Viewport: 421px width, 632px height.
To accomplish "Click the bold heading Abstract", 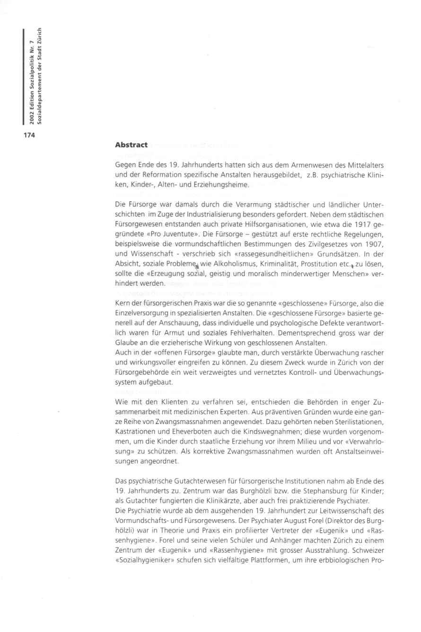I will pyautogui.click(x=131, y=144).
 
